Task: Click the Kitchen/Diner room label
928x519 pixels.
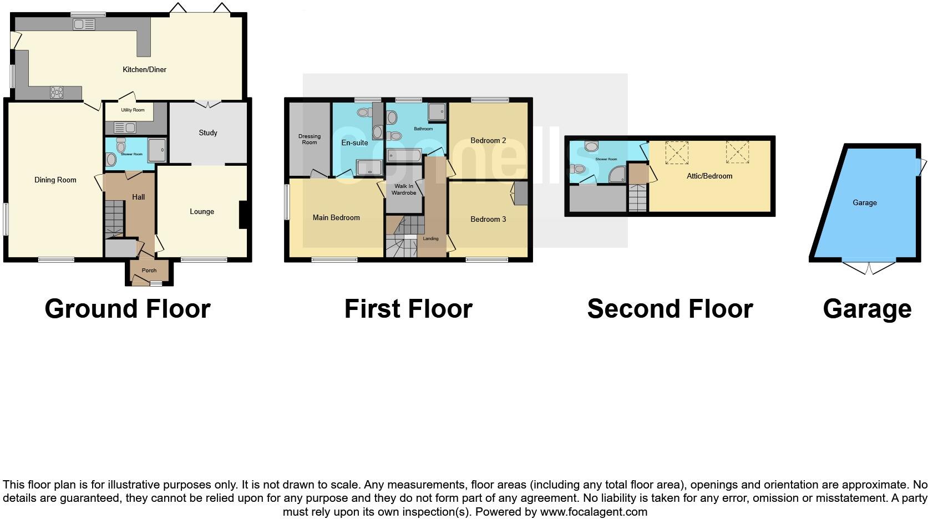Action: [144, 70]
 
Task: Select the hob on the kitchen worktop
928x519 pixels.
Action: [57, 93]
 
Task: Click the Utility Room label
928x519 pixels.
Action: [133, 110]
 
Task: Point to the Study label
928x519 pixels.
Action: [208, 133]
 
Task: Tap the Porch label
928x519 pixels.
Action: [149, 271]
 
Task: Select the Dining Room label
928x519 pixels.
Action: [55, 180]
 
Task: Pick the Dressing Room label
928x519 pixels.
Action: [310, 140]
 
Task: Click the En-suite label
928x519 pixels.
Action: [354, 143]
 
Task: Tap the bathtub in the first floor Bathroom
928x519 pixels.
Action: [404, 155]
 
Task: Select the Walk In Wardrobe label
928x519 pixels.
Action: [404, 190]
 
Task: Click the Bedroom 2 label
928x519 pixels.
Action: [488, 141]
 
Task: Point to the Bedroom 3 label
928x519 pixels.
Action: [488, 220]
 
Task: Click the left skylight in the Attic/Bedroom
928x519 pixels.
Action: [677, 152]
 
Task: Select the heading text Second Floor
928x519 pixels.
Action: [670, 309]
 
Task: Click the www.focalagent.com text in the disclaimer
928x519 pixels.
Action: [594, 512]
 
